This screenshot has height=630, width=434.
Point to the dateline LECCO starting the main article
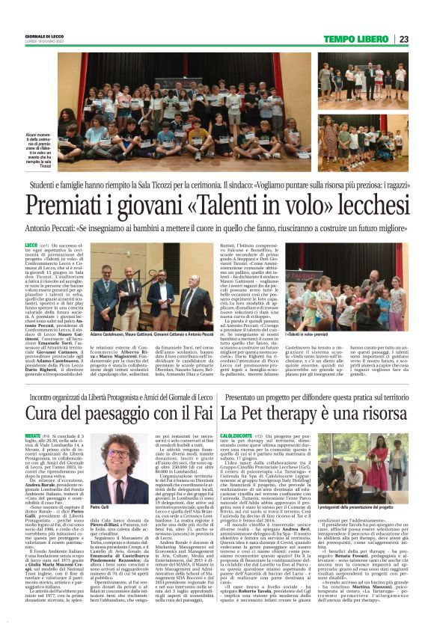pos(31,245)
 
